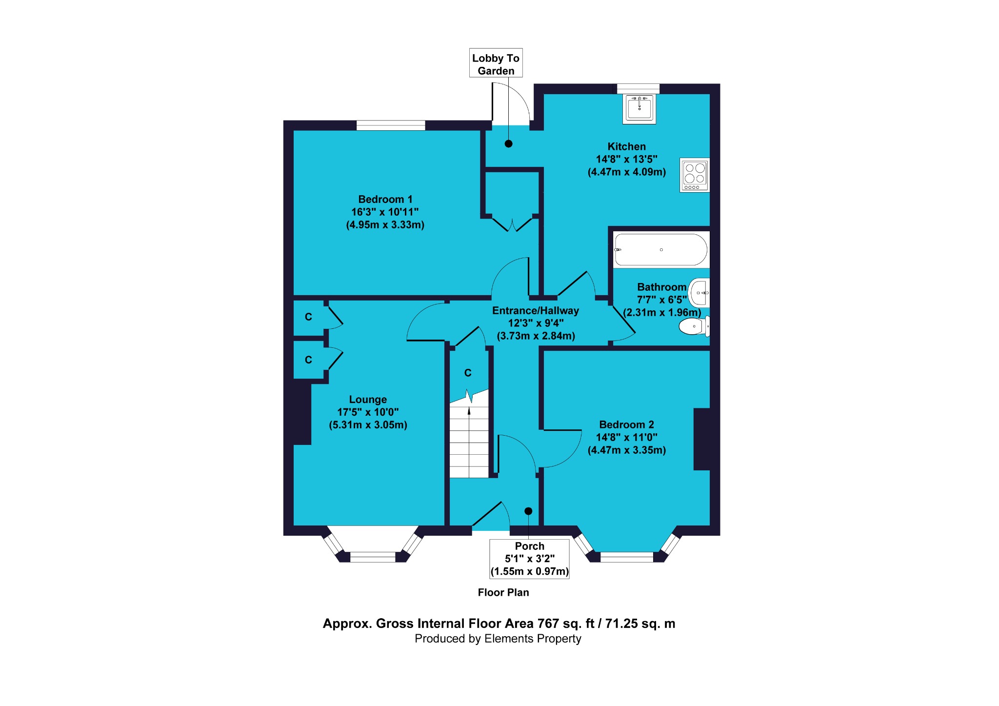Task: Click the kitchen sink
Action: [639, 109]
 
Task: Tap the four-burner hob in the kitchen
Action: [695, 175]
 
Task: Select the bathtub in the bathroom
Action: [660, 250]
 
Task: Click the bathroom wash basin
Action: [699, 293]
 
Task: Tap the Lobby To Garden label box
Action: [496, 63]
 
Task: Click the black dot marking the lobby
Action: [508, 143]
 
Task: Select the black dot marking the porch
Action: [528, 511]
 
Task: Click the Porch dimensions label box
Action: [529, 559]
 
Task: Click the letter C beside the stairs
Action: [468, 373]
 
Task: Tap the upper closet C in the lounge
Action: [308, 317]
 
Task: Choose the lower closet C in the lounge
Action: [308, 360]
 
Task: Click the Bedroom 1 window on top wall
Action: [391, 125]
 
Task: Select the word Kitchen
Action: [626, 146]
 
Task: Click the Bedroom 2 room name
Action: [626, 424]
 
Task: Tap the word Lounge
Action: [368, 399]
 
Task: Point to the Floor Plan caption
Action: [503, 592]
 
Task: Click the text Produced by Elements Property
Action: [498, 639]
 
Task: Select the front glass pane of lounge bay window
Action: [373, 557]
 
